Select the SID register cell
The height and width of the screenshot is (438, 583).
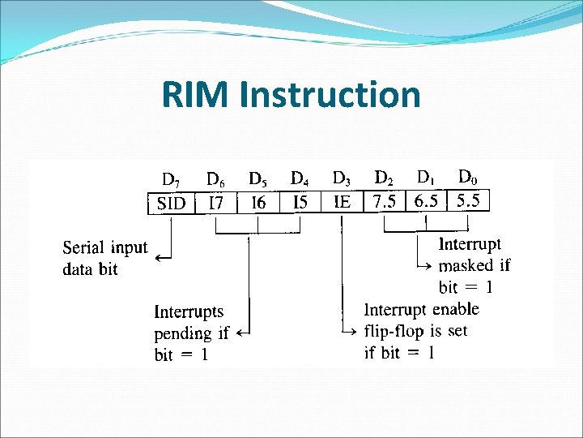pos(171,203)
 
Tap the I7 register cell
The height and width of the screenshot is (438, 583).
pos(215,203)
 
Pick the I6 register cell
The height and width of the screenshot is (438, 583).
pos(258,203)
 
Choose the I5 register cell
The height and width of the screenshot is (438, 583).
pos(300,203)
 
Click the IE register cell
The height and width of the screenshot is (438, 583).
pos(343,202)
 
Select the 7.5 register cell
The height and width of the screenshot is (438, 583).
pos(385,201)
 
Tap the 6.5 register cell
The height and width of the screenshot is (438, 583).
pos(427,200)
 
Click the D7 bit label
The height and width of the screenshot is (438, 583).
pos(171,179)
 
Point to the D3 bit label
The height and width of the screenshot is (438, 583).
pos(342,178)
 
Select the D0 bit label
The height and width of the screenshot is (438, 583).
pos(467,176)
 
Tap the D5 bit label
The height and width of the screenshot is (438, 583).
pos(258,178)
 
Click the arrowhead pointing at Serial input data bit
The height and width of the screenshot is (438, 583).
pos(158,258)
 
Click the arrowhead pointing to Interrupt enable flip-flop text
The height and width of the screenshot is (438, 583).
pos(353,332)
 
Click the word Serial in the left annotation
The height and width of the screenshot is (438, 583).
pos(83,248)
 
